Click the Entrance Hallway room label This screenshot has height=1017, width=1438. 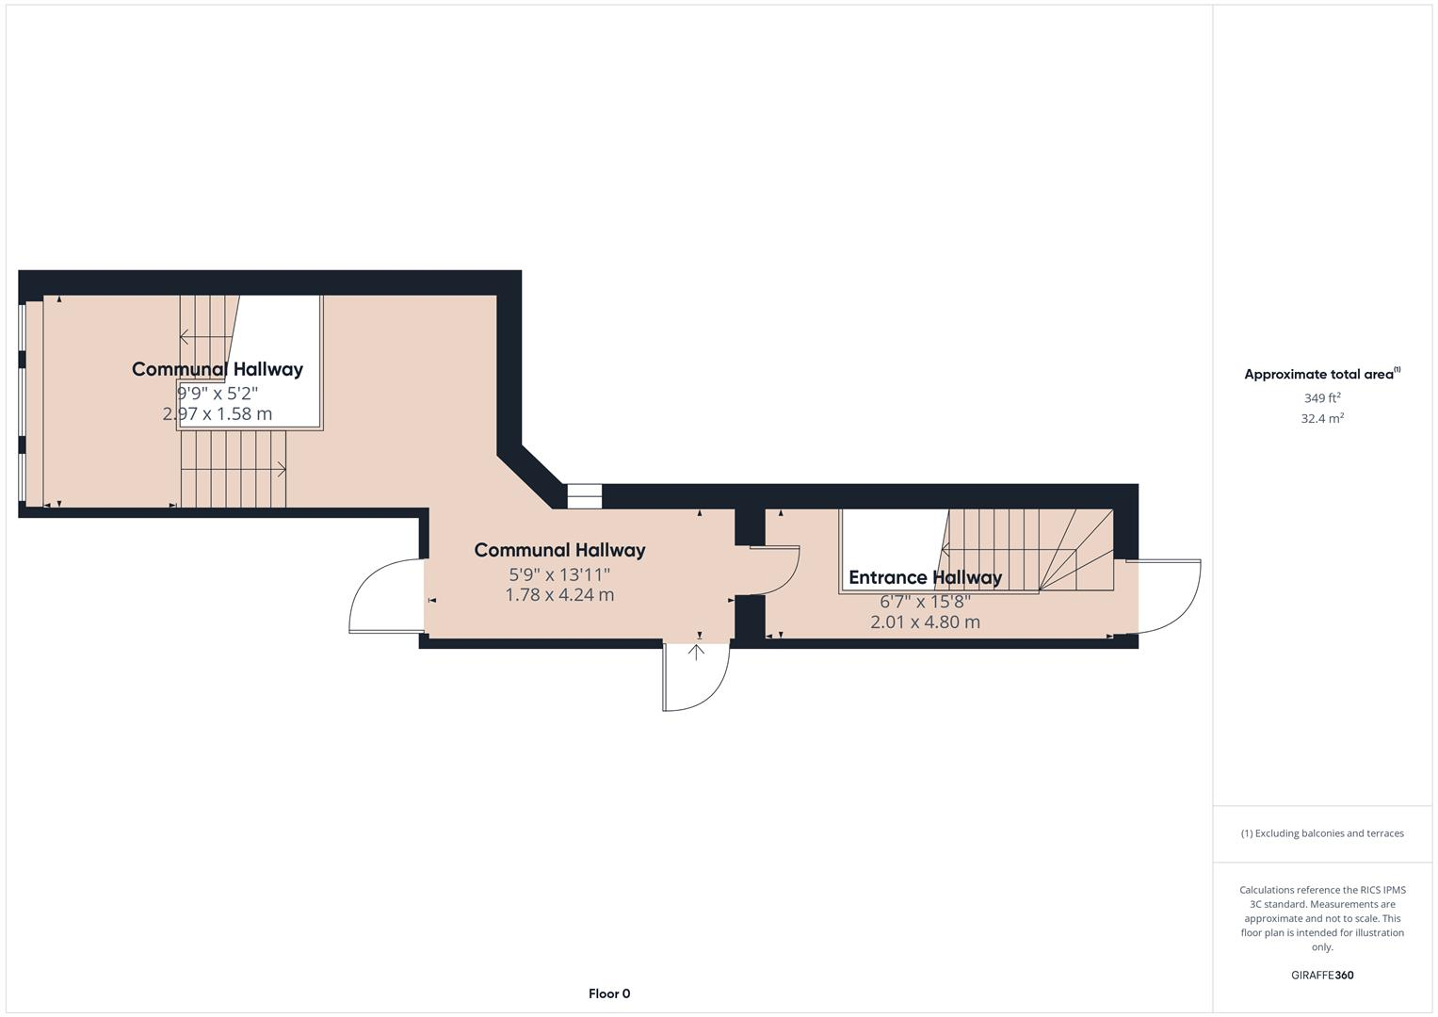tap(925, 577)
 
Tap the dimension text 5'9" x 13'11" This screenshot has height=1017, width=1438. tap(559, 573)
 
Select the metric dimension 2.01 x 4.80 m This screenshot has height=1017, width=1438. tap(925, 622)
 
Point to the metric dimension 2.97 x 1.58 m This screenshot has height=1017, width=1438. tap(218, 413)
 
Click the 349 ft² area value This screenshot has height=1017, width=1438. tap(1322, 398)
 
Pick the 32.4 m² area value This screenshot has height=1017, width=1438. tap(1322, 419)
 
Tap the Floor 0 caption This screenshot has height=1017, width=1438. tap(609, 993)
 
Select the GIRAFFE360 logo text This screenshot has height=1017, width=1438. tap(1322, 976)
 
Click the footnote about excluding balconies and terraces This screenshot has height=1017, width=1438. tap(1322, 833)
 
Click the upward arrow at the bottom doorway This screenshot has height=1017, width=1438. tap(697, 652)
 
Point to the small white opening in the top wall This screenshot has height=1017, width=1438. tap(584, 496)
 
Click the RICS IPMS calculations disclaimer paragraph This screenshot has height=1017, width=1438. tap(1322, 918)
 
